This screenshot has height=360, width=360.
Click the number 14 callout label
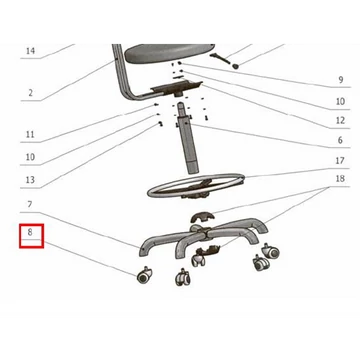[30, 51]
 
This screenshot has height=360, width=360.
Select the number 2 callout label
[30, 93]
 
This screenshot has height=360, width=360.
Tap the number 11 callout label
[30, 135]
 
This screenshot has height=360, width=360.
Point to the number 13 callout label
[30, 180]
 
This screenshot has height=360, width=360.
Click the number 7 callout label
[30, 204]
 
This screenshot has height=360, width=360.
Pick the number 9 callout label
[341, 80]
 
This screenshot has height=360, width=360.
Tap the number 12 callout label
[340, 120]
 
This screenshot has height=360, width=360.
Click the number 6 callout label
[340, 140]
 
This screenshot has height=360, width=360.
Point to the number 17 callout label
[340, 161]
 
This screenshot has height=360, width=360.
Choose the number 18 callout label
[340, 179]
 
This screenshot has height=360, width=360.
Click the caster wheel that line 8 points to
[144, 275]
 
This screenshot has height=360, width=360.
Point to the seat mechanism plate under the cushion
[177, 88]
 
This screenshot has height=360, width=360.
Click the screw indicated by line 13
[160, 124]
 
